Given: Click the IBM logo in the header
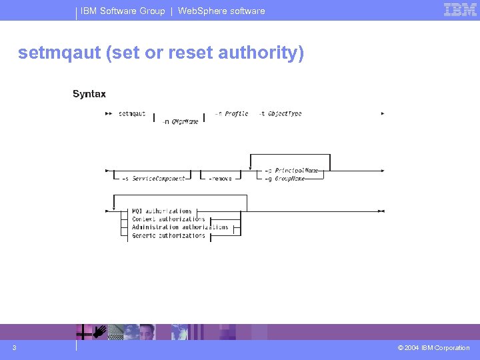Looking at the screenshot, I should [460, 10].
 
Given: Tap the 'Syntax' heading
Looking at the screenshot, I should [89, 94].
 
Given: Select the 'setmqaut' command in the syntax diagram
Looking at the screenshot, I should [132, 114].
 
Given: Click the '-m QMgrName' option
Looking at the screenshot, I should [181, 122].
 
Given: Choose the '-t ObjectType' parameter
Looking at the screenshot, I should [280, 114].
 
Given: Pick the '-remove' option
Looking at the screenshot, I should [220, 179].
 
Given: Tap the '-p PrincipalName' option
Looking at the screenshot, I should [293, 171].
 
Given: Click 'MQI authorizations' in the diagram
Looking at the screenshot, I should [162, 211].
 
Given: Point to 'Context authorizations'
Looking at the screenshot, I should [169, 219].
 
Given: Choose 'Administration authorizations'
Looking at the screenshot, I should [180, 227].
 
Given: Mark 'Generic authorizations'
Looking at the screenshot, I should [169, 235].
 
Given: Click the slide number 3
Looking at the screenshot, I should [14, 348].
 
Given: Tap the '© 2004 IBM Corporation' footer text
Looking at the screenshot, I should [433, 348].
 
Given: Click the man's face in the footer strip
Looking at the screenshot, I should [147, 331].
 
